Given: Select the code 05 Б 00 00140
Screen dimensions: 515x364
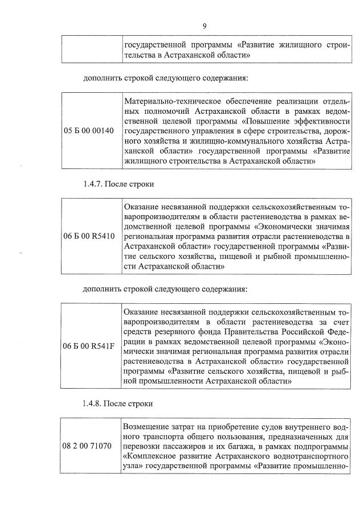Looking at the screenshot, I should [91, 131].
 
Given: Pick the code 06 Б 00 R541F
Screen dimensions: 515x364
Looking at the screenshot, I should [91, 346].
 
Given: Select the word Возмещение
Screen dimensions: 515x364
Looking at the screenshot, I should [149, 427].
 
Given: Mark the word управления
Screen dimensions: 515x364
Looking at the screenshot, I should [201, 131].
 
